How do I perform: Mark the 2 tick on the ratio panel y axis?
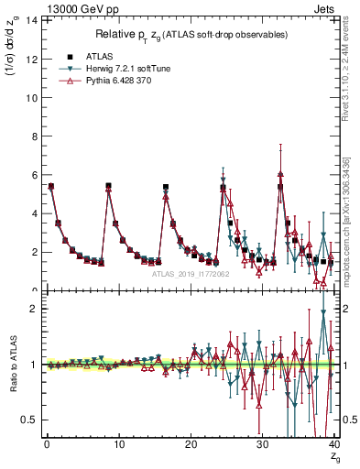[x=32, y=309]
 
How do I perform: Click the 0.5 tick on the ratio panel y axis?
[x=28, y=420]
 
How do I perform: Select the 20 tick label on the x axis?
[x=190, y=444]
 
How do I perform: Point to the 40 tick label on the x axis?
[x=333, y=444]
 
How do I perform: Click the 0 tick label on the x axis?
[x=46, y=444]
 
